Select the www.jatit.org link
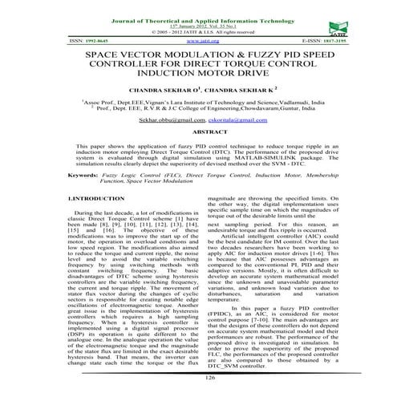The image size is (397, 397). [x=197, y=38]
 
